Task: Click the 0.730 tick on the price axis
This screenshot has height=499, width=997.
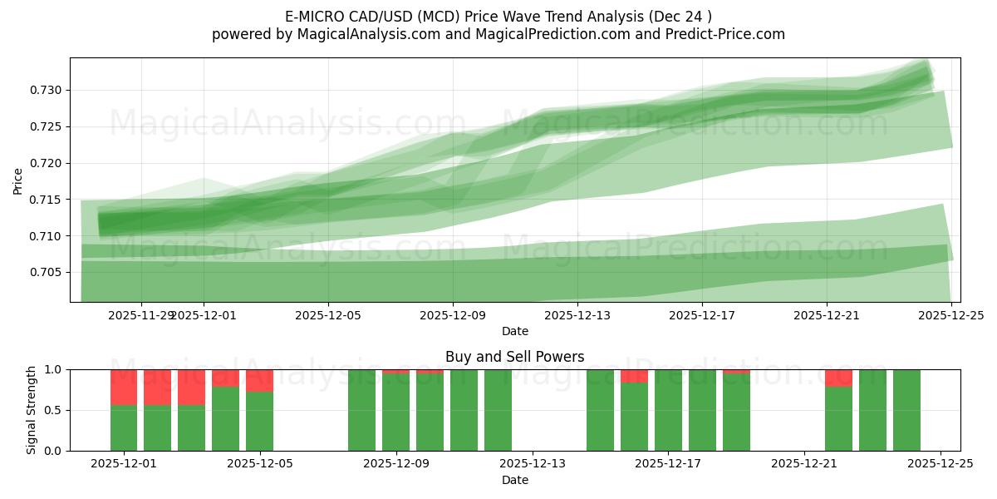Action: [48, 90]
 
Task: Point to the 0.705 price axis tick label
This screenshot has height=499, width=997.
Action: [48, 272]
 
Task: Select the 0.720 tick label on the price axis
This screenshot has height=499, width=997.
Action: [48, 163]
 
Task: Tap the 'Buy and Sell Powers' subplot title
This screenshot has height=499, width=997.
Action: [514, 357]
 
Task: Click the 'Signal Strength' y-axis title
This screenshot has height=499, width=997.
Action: [32, 410]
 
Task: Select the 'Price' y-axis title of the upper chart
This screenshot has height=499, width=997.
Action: [18, 180]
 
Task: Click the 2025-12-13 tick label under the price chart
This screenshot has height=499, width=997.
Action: [577, 315]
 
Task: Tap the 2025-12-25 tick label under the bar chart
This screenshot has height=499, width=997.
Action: [941, 463]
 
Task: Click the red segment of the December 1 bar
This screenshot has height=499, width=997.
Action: [124, 387]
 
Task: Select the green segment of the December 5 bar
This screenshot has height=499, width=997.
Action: [259, 421]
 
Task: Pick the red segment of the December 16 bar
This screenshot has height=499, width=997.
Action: [634, 376]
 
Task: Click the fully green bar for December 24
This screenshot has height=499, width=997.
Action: [906, 410]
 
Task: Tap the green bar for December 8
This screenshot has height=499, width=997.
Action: [361, 410]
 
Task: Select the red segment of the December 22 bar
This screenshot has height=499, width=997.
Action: [838, 378]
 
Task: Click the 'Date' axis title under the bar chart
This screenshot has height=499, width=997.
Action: [514, 480]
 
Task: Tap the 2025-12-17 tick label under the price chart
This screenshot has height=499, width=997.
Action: [702, 315]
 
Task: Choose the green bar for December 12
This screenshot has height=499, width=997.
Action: [498, 410]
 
